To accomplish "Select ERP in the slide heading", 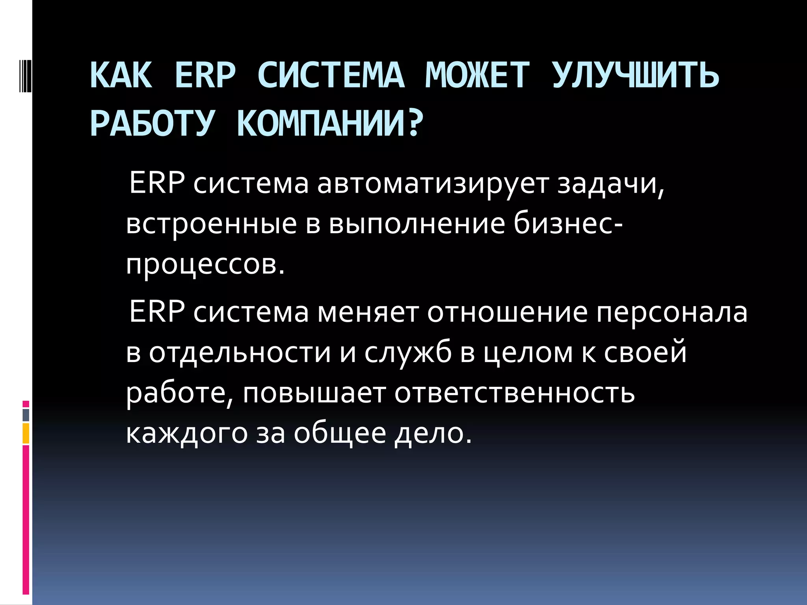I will tap(205, 75).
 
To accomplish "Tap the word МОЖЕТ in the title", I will tap(477, 75).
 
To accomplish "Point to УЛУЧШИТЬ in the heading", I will tap(635, 75).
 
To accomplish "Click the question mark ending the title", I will tap(414, 123).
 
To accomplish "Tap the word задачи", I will tap(610, 184).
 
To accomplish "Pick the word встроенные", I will tap(211, 224).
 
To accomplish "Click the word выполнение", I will tap(417, 224).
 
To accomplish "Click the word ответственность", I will tap(515, 393).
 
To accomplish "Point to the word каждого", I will tap(186, 433).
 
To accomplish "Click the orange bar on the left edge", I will tap(26, 433).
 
